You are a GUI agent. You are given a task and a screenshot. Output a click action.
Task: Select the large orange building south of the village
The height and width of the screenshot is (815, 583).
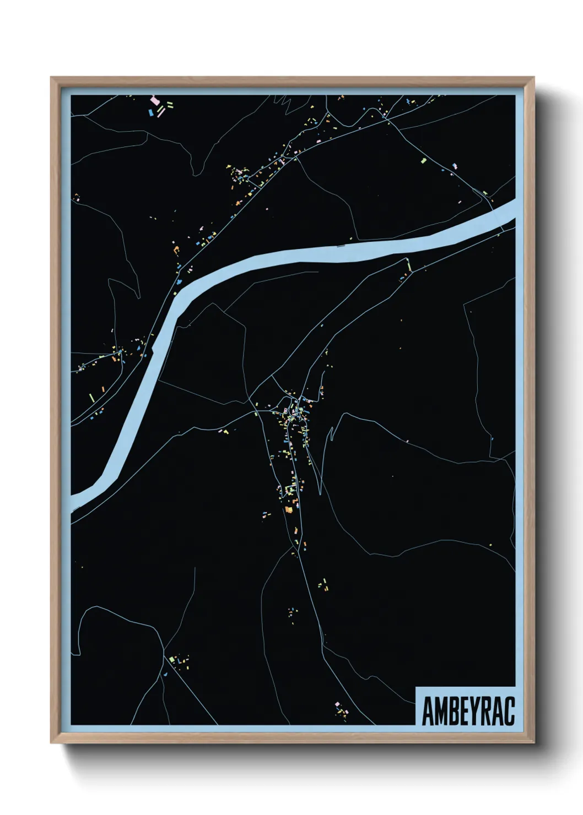[288, 510]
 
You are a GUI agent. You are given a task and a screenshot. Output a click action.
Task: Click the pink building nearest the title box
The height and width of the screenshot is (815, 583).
[336, 704]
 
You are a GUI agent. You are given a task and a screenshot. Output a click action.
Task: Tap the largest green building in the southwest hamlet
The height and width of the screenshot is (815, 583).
[172, 659]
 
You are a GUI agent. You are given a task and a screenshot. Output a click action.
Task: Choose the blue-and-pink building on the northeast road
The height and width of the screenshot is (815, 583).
[455, 165]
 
